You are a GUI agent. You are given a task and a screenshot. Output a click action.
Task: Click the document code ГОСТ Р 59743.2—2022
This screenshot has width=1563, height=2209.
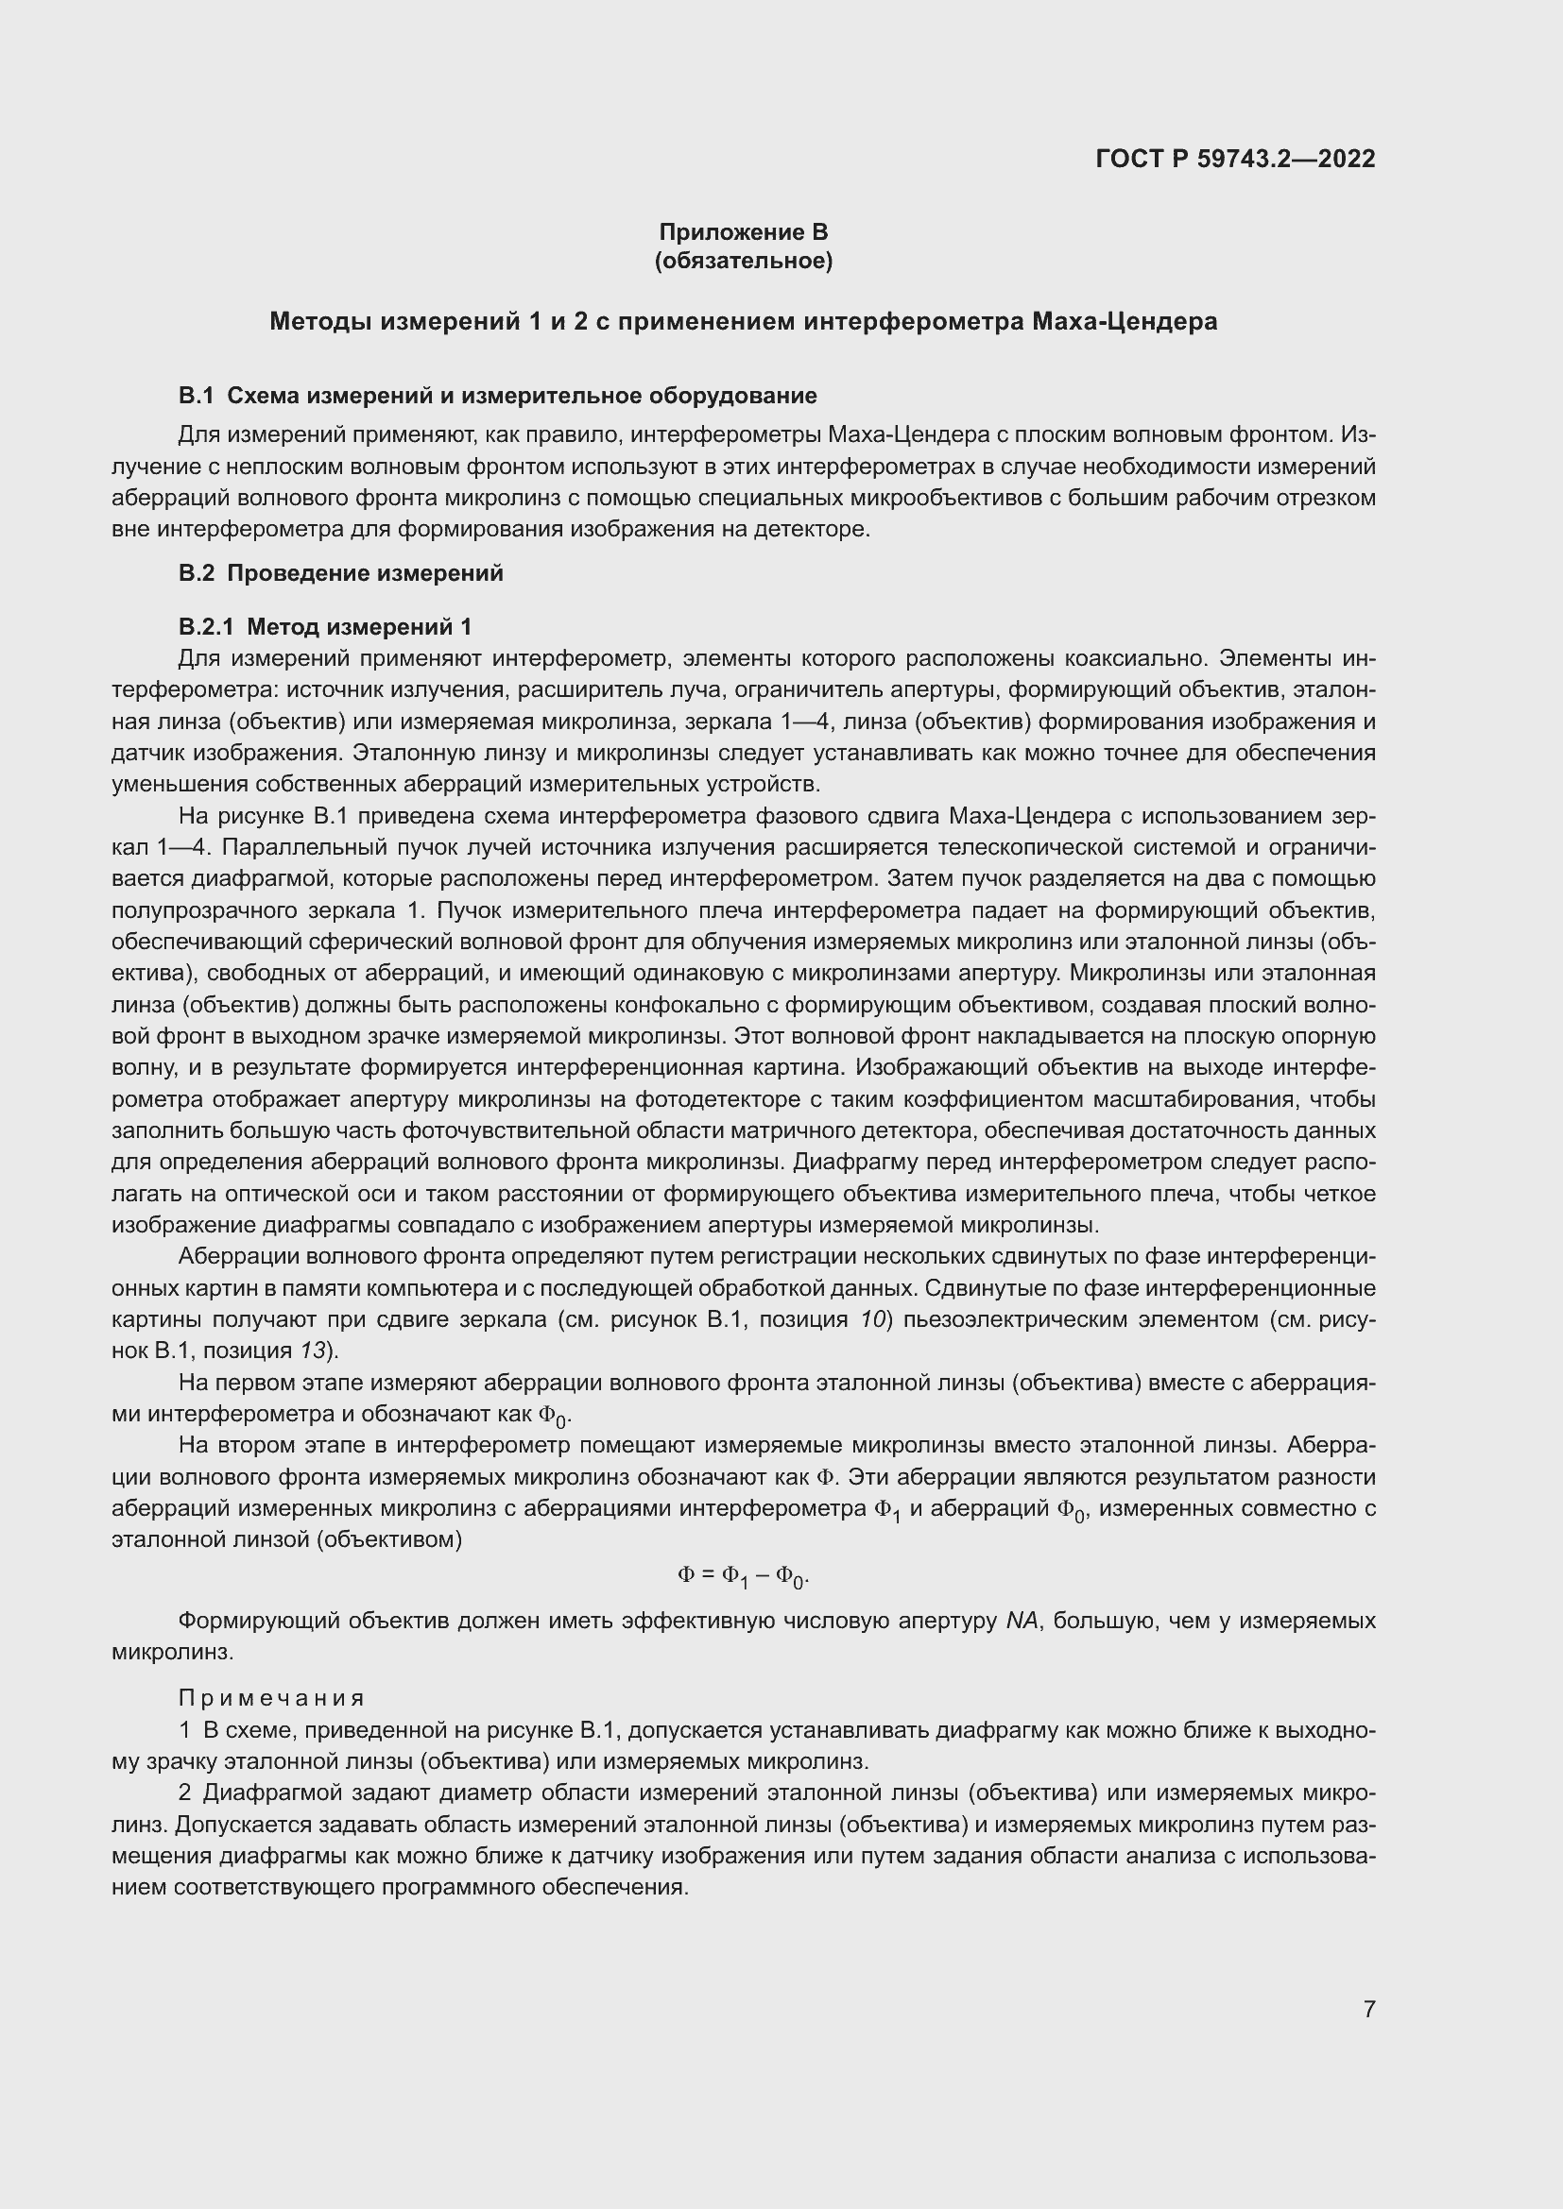[1235, 159]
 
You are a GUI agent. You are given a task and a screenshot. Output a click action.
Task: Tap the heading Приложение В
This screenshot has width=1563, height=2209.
[743, 232]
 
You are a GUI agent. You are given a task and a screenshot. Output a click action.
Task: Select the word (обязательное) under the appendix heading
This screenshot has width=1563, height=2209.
[743, 261]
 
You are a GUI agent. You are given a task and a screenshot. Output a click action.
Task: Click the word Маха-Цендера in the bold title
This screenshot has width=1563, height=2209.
[1125, 321]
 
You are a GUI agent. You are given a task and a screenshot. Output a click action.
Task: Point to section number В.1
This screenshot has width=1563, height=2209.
[196, 396]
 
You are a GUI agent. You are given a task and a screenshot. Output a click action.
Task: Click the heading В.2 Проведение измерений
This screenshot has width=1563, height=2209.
[341, 573]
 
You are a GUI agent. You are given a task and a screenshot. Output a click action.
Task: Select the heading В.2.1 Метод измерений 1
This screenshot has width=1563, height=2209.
[325, 627]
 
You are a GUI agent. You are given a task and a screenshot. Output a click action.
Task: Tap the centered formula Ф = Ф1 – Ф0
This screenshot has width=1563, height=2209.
[743, 1575]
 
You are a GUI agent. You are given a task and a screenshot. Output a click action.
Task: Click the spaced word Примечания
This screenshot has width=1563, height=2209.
[271, 1698]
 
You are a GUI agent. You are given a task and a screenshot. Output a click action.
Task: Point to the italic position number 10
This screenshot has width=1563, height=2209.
[872, 1319]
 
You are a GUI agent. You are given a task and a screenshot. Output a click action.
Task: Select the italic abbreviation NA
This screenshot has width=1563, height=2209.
[1022, 1622]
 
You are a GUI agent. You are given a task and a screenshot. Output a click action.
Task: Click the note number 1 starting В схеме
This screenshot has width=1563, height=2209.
[185, 1731]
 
